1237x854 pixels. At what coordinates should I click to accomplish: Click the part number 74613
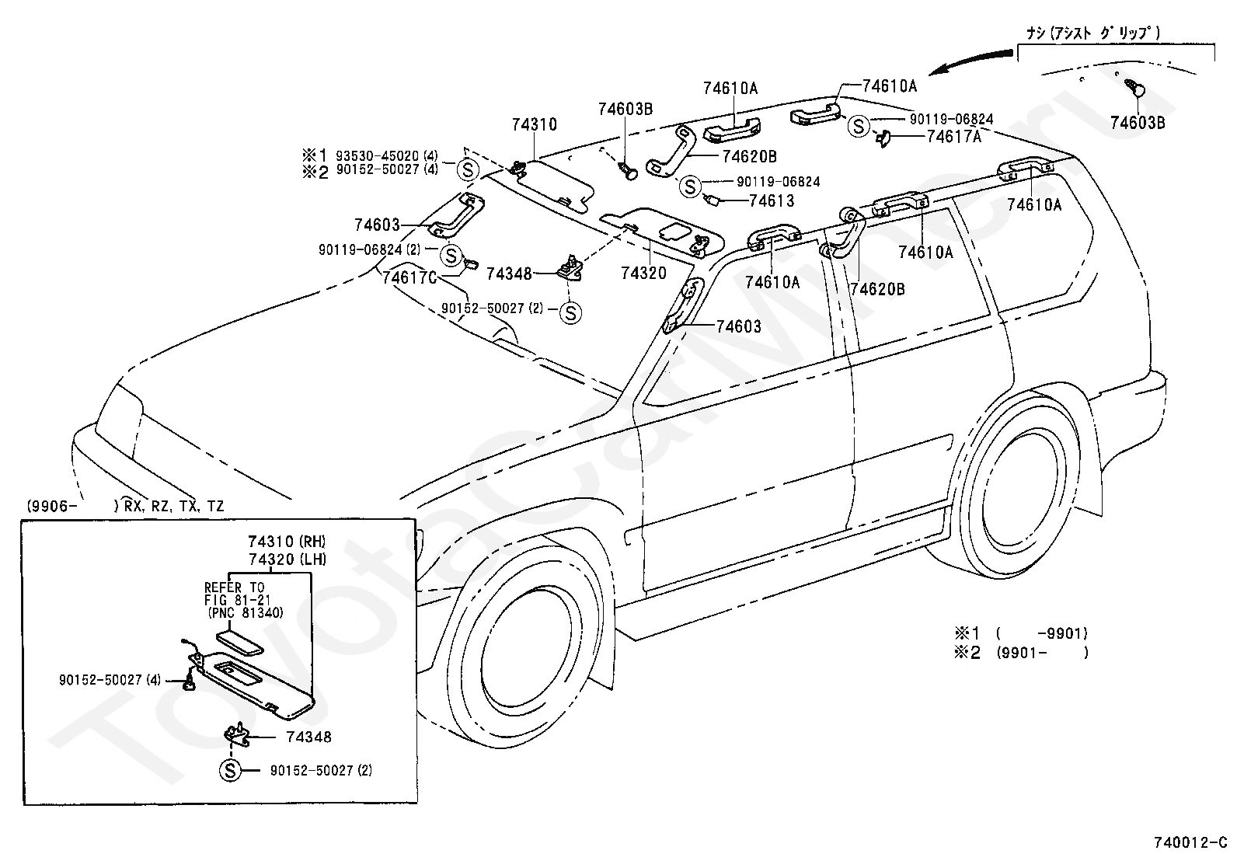772,200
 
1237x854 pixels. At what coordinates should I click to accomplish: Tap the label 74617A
953,137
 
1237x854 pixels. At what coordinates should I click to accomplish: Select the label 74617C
409,277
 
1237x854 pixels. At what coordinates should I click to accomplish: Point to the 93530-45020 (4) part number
387,155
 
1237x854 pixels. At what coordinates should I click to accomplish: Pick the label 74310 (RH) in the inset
287,542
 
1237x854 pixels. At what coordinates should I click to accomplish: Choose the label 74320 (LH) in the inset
287,559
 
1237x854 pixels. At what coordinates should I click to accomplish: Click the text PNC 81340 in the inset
246,612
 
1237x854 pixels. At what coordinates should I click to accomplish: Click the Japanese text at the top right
1093,33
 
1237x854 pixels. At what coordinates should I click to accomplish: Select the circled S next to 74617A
858,127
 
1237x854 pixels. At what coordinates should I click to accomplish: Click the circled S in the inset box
230,770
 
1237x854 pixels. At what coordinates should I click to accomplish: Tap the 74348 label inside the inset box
308,737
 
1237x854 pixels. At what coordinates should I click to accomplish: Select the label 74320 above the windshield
644,273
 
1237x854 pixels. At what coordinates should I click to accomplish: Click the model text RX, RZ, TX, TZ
174,506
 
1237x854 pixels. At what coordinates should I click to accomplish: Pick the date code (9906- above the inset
51,506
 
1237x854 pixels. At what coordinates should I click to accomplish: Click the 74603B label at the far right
1138,123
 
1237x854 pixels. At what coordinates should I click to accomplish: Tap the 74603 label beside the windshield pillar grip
738,326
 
